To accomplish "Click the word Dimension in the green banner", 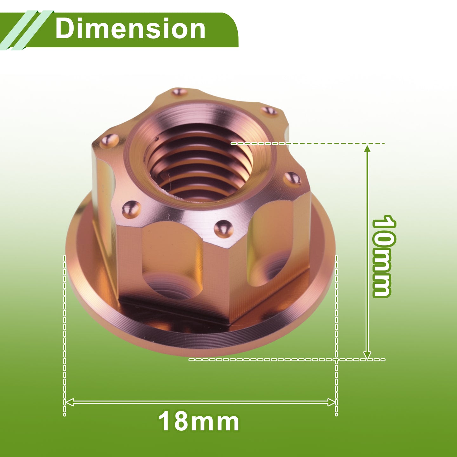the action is click(x=130, y=29).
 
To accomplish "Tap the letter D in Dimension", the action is click(x=64, y=29).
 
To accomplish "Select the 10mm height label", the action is click(x=384, y=256).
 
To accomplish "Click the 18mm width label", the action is click(x=199, y=421).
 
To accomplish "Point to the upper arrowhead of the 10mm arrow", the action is click(x=367, y=149).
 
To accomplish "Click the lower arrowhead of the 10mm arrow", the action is click(x=367, y=355).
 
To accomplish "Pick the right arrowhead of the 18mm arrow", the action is click(x=332, y=402).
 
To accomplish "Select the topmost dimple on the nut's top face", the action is click(x=179, y=92).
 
